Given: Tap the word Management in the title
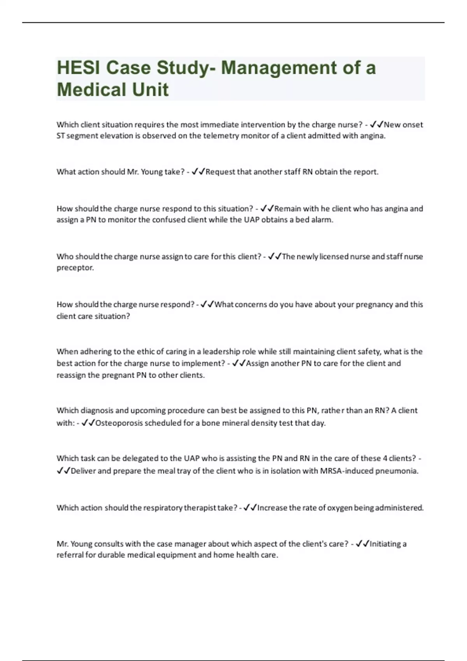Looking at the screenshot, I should point(279,68).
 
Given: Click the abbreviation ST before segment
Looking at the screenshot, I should point(60,136).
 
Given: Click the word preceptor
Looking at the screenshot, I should point(75,268).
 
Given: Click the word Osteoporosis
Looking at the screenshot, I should point(119,423).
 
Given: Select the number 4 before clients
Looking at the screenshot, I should point(385,458).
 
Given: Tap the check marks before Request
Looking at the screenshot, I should point(198,172).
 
